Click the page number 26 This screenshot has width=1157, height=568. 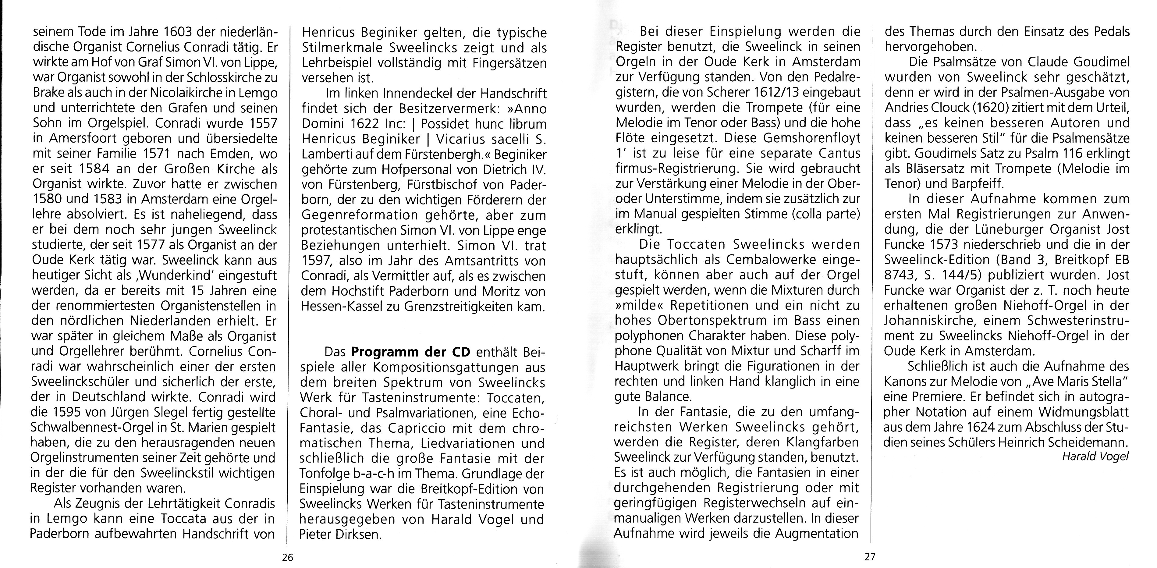coord(287,558)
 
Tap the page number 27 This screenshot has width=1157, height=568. coord(870,557)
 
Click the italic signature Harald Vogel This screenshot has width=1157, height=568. coord(1095,456)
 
